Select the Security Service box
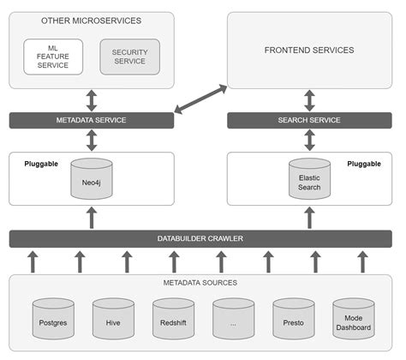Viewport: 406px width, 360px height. pyautogui.click(x=129, y=56)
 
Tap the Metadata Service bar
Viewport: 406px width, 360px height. pyautogui.click(x=92, y=120)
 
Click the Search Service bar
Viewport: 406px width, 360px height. pyautogui.click(x=309, y=120)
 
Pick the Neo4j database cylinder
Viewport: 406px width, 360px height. pyautogui.click(x=92, y=179)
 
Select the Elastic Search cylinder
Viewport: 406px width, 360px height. pyautogui.click(x=309, y=180)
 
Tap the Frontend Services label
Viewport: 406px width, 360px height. pyautogui.click(x=309, y=51)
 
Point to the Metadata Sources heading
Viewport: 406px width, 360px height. pyautogui.click(x=201, y=283)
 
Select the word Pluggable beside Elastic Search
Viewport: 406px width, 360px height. pyautogui.click(x=364, y=163)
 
